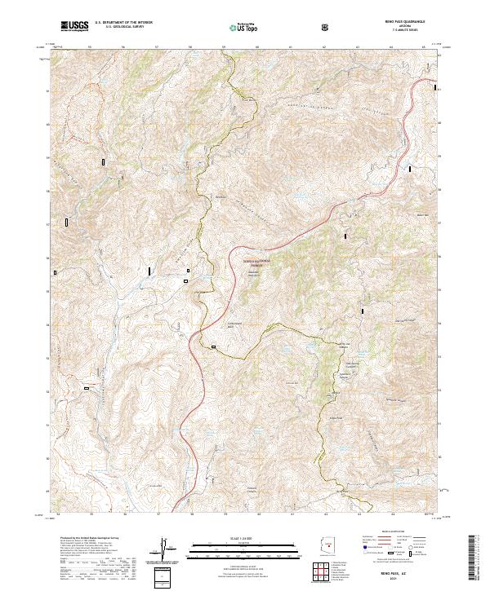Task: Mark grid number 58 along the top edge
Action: [190, 48]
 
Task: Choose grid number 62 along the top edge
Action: [325, 48]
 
